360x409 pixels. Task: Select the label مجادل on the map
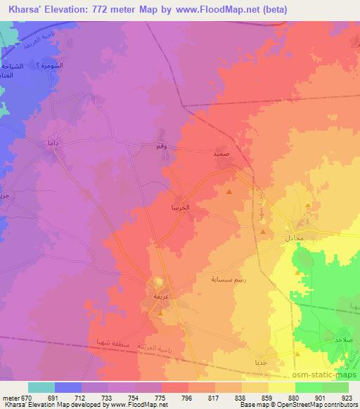coord(294,239)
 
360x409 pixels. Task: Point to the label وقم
coord(161,146)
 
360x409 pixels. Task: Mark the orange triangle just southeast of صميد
coord(229,190)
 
